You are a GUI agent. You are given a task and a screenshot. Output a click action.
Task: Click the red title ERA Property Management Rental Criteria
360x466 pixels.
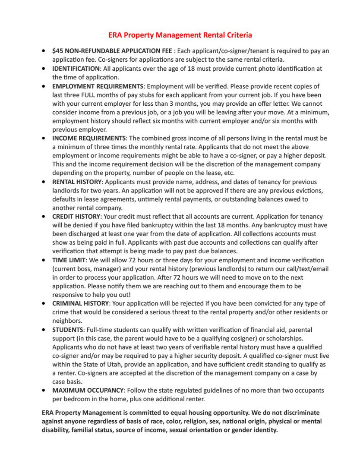point(180,35)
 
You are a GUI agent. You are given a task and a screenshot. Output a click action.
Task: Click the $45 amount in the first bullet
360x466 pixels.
point(57,51)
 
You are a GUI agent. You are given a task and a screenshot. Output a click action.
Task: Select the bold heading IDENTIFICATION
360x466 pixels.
point(76,69)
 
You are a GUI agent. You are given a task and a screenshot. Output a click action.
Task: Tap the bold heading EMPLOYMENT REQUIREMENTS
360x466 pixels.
point(98,86)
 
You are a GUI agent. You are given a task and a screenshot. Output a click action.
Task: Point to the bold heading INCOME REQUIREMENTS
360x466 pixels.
point(89,139)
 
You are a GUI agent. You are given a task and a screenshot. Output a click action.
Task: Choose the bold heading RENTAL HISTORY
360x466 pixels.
point(77,182)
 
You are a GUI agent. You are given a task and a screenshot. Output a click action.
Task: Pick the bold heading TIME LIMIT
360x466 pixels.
point(69,260)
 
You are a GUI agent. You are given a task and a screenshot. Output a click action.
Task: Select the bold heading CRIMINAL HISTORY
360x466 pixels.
point(80,304)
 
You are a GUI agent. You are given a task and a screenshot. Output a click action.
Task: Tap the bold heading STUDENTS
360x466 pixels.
point(68,330)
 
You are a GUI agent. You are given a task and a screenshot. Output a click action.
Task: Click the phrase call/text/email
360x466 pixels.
point(307,269)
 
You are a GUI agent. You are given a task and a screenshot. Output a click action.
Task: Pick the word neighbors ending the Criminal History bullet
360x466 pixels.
point(67,321)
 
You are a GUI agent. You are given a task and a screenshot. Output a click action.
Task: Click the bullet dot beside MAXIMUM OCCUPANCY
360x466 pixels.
point(44,390)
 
